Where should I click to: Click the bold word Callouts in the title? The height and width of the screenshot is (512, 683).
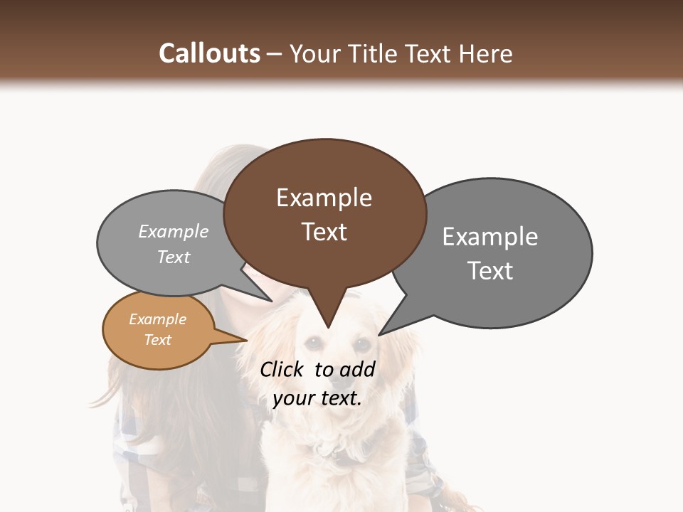209,53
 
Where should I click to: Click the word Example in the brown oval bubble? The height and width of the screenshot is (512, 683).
324,198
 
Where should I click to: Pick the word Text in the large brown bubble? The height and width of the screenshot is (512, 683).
324,232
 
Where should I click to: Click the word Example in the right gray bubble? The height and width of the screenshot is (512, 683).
490,237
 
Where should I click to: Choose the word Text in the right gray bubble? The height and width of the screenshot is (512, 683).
490,271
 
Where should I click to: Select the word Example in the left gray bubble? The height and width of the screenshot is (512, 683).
174,231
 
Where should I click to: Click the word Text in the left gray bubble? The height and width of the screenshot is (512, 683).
174,257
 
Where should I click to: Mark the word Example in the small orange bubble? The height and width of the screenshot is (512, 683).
157,319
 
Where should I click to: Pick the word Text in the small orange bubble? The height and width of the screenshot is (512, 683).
157,340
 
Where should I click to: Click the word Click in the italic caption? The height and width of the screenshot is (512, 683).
281,369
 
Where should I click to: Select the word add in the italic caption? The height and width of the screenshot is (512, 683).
357,369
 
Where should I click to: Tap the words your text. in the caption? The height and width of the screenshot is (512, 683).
317,398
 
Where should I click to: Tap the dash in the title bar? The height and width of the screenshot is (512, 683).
275,53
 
